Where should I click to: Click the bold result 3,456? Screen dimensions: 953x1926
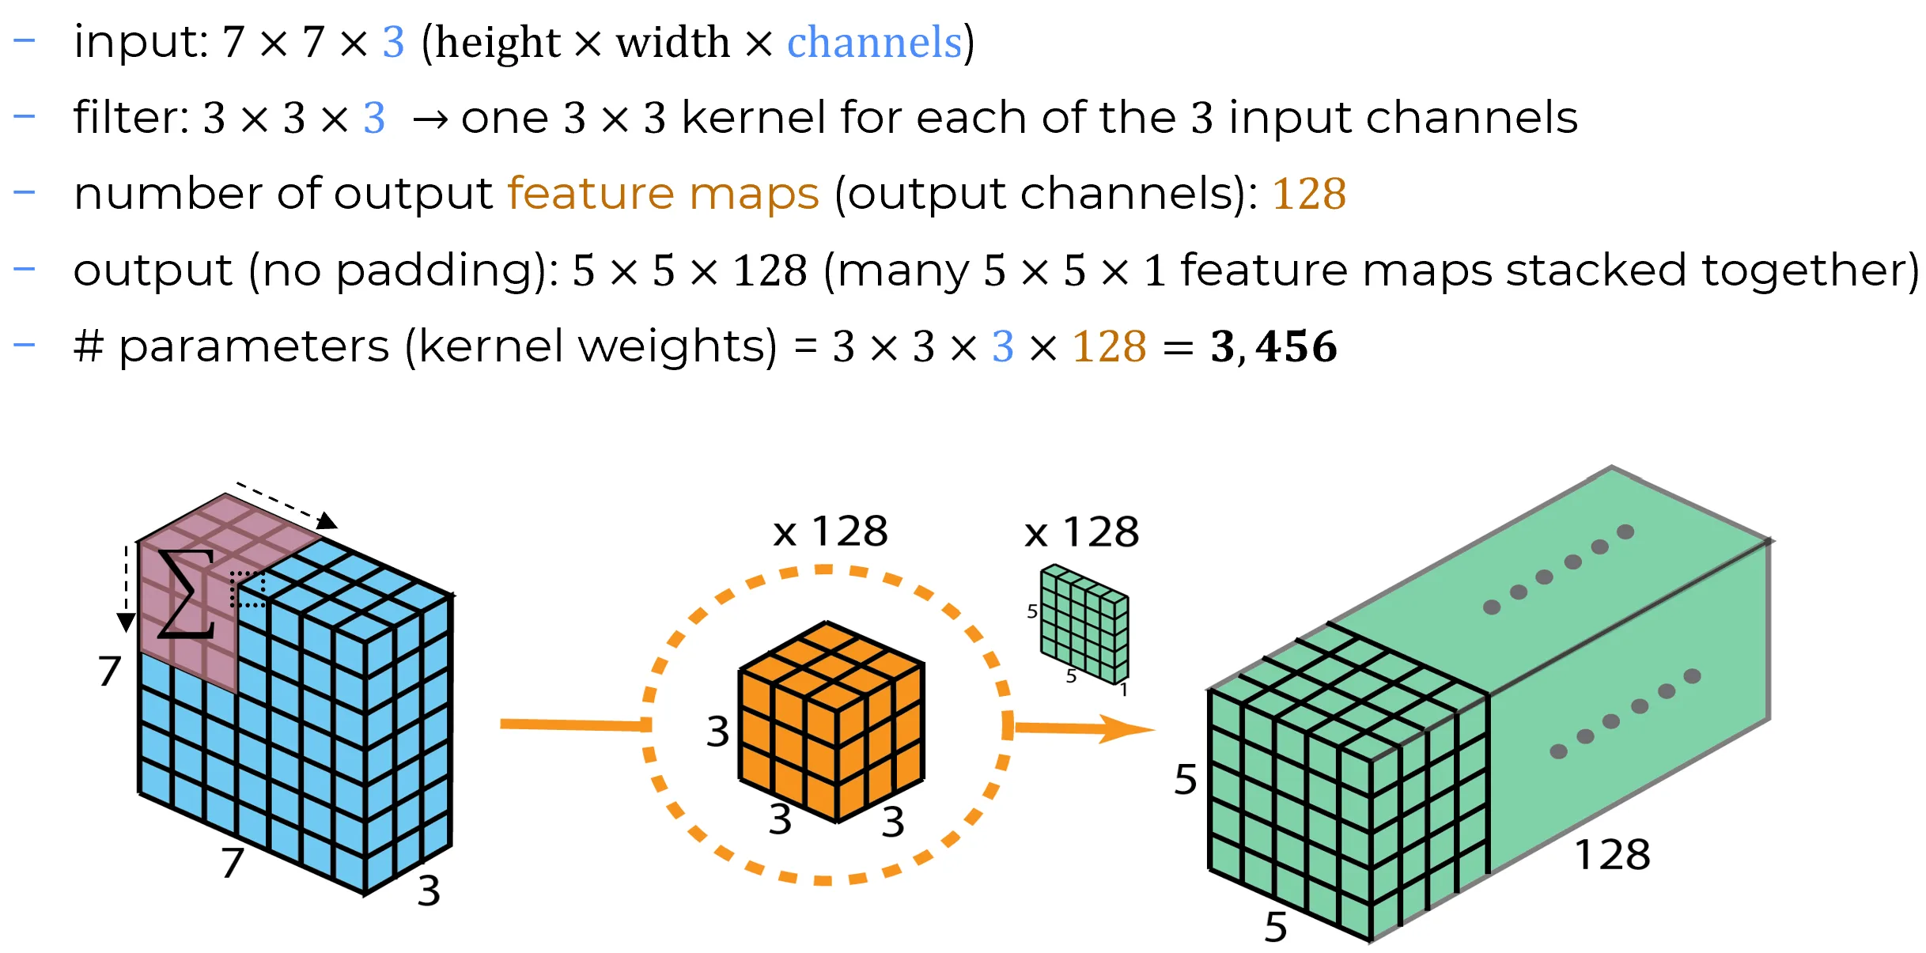(1273, 347)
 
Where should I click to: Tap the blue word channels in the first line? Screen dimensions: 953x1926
(874, 43)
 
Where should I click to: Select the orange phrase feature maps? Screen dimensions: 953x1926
(663, 194)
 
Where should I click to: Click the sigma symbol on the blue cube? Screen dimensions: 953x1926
(187, 593)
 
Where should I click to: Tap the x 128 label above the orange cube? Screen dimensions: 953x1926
(831, 531)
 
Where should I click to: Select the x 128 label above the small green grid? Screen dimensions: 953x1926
(1081, 532)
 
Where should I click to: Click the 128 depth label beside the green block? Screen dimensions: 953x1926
(1612, 855)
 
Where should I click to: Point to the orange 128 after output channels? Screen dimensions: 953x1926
(1308, 195)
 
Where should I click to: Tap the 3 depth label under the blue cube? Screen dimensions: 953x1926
(429, 891)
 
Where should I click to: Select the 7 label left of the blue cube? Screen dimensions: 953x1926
(109, 671)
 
